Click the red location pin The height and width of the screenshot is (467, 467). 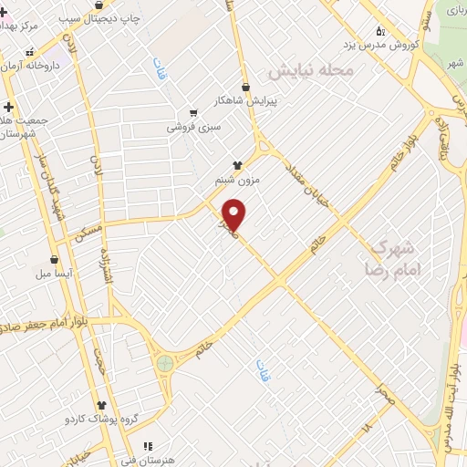(235, 213)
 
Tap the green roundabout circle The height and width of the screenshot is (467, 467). (165, 363)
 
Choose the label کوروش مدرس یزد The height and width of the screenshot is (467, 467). (380, 44)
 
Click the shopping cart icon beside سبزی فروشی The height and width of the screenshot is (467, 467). (192, 112)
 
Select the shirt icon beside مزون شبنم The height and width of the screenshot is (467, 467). (238, 165)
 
